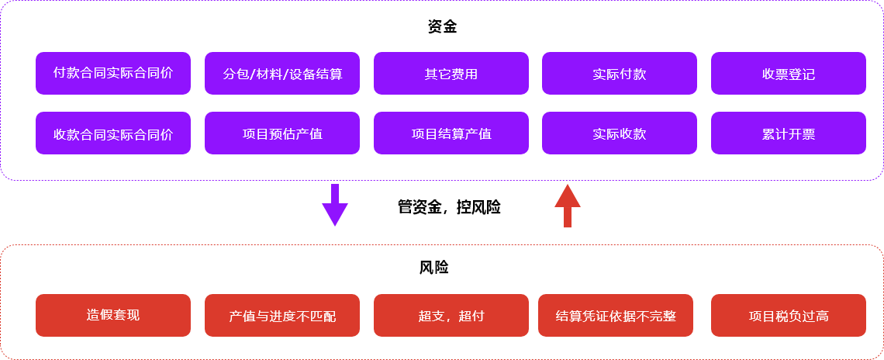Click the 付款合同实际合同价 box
pos(113,73)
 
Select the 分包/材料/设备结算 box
pos(282,74)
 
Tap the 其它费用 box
pos(451,74)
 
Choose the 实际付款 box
pos(619,74)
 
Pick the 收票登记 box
pos(788,74)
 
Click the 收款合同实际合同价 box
pos(113,133)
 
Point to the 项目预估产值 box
pos(282,133)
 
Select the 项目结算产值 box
pos(451,133)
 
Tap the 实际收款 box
pos(619,133)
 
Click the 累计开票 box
pos(788,133)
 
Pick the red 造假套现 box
pos(113,315)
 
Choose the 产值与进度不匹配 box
pos(282,316)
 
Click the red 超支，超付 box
pos(451,316)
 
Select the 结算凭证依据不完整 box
pos(616,316)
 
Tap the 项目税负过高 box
pos(788,316)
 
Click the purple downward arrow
pos(335,205)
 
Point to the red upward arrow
pos(568,206)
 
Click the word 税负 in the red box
pos(788,316)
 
